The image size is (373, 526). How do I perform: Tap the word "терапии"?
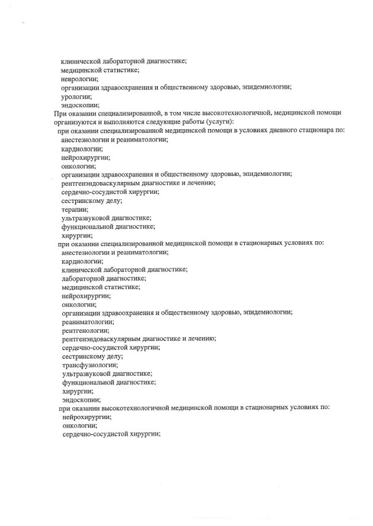click(75, 210)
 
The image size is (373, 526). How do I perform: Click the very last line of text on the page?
click(111, 434)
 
